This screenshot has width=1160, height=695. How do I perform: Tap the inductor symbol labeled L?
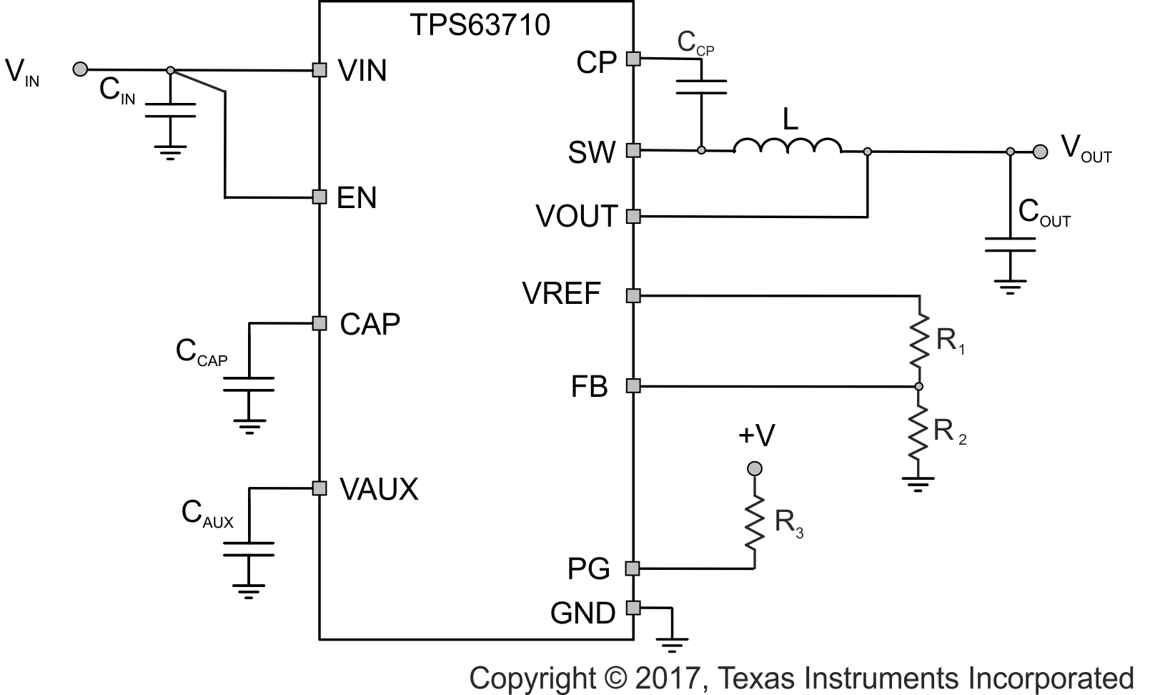787,146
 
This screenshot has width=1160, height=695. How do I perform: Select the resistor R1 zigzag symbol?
919,340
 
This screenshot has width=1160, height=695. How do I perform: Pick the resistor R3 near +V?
754,523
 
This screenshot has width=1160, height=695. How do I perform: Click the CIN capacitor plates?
170,109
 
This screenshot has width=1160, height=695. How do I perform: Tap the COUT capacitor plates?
1009,245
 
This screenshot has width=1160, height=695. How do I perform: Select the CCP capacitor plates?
701,87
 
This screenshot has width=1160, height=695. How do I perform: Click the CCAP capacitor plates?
249,383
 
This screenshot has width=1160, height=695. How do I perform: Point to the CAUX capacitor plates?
249,549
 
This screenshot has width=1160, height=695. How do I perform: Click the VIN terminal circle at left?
81,69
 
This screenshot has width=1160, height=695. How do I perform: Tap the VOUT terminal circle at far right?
1041,151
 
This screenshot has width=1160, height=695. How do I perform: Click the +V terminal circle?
754,469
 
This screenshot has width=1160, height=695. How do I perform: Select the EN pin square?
319,196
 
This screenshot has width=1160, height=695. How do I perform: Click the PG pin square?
633,568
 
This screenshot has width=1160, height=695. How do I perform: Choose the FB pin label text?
589,387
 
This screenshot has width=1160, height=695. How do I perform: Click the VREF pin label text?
562,294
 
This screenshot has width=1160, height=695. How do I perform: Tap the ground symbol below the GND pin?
673,644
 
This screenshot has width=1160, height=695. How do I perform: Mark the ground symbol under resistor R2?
919,484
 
